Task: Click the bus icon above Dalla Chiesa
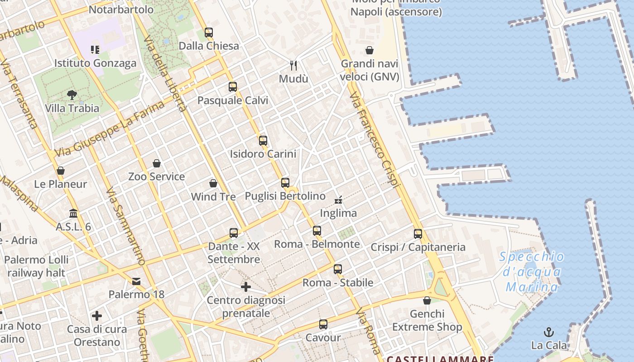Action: [x=208, y=33]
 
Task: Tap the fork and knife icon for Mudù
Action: [x=293, y=66]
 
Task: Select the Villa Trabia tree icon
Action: [x=72, y=95]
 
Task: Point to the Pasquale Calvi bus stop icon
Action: [x=233, y=87]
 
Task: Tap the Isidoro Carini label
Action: [x=263, y=154]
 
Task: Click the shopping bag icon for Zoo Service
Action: [x=157, y=163]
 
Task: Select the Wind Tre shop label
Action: [x=213, y=197]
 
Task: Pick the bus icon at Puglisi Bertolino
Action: [x=285, y=183]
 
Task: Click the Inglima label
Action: [x=338, y=213]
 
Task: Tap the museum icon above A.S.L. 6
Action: [x=73, y=213]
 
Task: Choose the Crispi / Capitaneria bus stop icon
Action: [x=418, y=234]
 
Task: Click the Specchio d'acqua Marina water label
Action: [x=532, y=272]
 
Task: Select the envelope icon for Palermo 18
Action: [x=136, y=281]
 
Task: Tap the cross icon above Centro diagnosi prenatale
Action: [x=246, y=287]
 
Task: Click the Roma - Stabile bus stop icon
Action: [x=338, y=269]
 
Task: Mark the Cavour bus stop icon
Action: [x=323, y=324]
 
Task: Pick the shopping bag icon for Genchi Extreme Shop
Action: [x=427, y=300]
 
